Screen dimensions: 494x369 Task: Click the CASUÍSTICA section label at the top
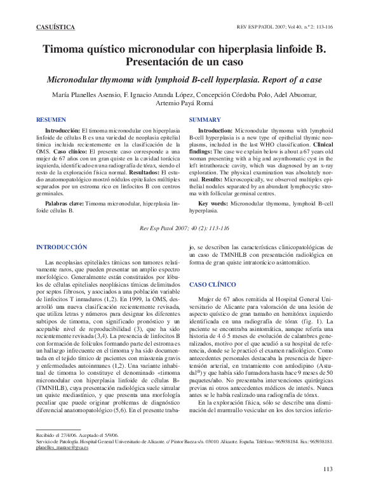(55, 27)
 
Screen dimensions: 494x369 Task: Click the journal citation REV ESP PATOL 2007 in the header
(284, 28)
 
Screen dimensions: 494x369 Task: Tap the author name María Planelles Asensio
(84, 95)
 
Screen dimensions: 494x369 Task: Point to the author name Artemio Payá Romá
(184, 103)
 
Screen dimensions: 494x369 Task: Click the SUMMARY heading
(205, 119)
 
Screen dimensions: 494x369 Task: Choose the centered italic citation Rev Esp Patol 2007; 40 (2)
(184, 227)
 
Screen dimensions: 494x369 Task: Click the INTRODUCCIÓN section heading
(62, 246)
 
